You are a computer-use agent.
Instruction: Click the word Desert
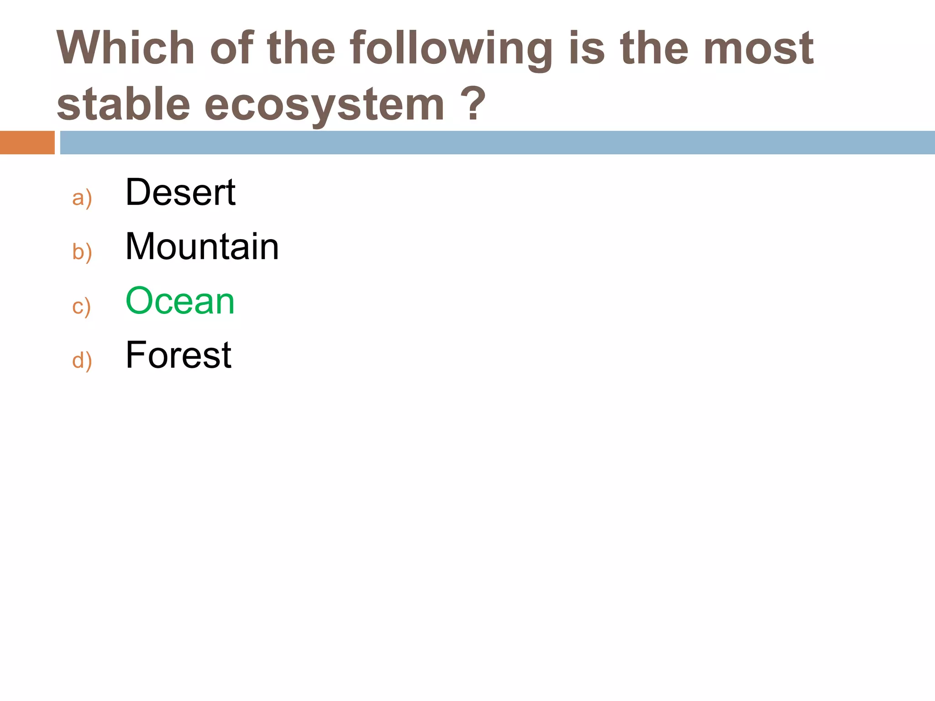tap(180, 192)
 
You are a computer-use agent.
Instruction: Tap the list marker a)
tap(82, 198)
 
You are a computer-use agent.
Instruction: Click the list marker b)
tap(82, 252)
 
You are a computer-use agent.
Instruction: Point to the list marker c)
tap(82, 306)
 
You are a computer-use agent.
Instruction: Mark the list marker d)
tap(82, 361)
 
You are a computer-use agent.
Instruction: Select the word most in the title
tap(758, 48)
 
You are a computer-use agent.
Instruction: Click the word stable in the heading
tap(123, 105)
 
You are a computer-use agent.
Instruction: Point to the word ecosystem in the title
tap(324, 106)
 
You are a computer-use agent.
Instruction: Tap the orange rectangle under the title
tap(27, 142)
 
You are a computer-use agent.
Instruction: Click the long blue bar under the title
tap(497, 142)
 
